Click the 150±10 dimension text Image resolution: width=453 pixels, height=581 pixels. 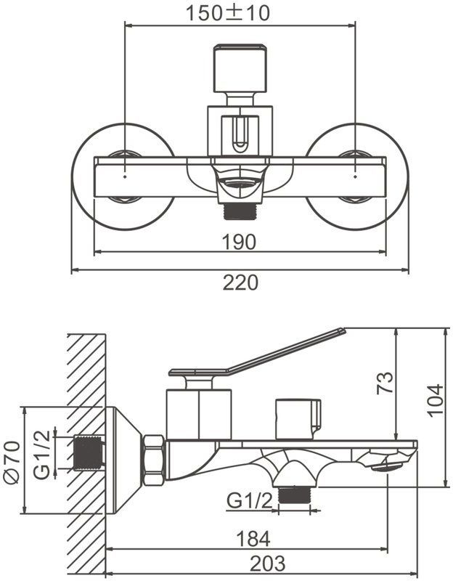click(x=227, y=13)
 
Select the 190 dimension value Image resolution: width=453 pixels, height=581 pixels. click(x=239, y=243)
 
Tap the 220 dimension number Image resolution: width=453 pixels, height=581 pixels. click(x=240, y=283)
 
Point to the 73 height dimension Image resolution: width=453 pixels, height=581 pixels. click(x=385, y=383)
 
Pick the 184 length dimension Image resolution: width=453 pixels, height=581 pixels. click(x=253, y=539)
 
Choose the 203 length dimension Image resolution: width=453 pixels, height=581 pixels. click(x=267, y=564)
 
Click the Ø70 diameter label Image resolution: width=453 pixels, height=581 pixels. click(x=12, y=462)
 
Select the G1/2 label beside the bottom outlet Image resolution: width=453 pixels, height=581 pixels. click(x=250, y=501)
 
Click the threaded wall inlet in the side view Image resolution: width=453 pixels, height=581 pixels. click(x=88, y=452)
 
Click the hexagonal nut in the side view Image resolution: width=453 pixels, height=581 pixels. click(x=154, y=460)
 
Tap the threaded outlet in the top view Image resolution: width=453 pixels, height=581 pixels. click(x=240, y=211)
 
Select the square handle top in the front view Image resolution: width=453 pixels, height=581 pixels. click(x=240, y=68)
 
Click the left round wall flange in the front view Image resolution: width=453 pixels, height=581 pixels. click(x=123, y=176)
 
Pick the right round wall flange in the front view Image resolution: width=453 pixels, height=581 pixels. click(x=356, y=176)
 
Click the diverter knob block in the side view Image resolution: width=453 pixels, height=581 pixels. click(x=298, y=419)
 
